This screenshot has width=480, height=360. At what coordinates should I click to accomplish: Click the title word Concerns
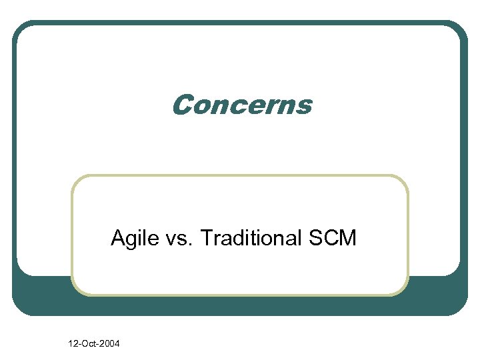pos(241,105)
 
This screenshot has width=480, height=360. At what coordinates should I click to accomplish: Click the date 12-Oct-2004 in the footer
pos(94,343)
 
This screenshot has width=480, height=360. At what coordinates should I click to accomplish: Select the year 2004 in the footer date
pos(109,343)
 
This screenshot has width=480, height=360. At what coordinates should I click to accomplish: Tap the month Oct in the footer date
pos(89,343)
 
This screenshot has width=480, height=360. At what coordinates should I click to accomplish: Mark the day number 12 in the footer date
pos(73,343)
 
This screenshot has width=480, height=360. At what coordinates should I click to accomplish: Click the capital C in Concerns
pos(182,105)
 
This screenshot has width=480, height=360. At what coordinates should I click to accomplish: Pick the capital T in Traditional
pos(205,237)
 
